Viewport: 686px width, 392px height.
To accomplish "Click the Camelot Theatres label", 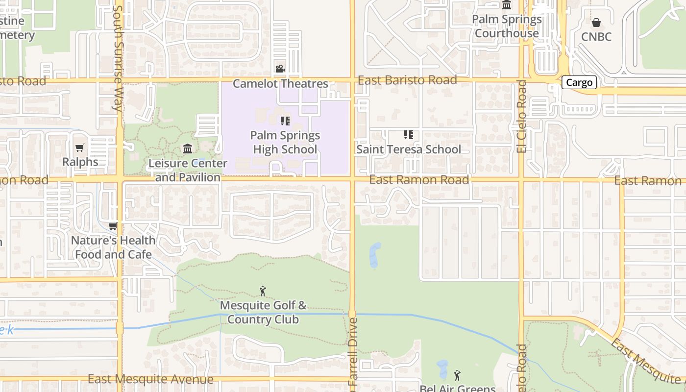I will pyautogui.click(x=280, y=84).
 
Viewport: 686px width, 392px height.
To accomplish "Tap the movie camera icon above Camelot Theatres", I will pyautogui.click(x=280, y=69).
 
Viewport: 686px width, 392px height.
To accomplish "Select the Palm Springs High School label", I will pyautogui.click(x=285, y=142).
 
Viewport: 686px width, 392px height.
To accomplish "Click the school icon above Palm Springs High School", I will pyautogui.click(x=285, y=121).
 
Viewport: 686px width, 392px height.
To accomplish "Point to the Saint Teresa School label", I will pyautogui.click(x=409, y=149).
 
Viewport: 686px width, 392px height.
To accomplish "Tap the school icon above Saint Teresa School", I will pyautogui.click(x=408, y=134).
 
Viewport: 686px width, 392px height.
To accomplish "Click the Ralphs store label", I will pyautogui.click(x=80, y=162).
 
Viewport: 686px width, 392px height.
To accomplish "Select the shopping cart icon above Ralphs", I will pyautogui.click(x=80, y=147).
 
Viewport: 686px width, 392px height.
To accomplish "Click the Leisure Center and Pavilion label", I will pyautogui.click(x=188, y=170).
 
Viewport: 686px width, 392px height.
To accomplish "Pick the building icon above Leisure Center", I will pyautogui.click(x=188, y=148).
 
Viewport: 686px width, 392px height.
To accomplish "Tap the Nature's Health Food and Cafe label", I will pyautogui.click(x=113, y=247).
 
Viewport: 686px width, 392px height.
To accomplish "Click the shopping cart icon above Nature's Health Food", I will pyautogui.click(x=113, y=226).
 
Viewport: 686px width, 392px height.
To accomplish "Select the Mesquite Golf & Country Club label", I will pyautogui.click(x=263, y=312).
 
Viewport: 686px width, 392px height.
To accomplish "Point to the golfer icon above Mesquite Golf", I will pyautogui.click(x=263, y=291).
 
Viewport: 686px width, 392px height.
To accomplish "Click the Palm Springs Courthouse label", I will pyautogui.click(x=507, y=26).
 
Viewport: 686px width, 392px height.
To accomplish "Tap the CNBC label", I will pyautogui.click(x=596, y=37).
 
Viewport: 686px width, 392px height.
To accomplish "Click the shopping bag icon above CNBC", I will pyautogui.click(x=596, y=23).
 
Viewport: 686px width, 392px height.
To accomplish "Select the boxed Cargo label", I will pyautogui.click(x=579, y=82).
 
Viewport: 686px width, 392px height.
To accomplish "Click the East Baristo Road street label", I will pyautogui.click(x=407, y=80).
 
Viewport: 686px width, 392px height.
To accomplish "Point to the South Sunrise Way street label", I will pyautogui.click(x=118, y=59).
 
